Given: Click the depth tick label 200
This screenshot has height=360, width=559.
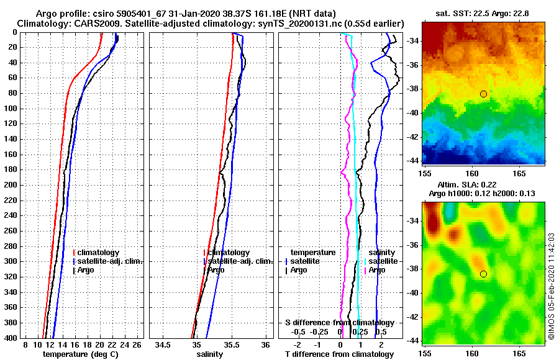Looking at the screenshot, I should point(11,185).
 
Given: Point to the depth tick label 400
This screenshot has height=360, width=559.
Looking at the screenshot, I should point(11,338).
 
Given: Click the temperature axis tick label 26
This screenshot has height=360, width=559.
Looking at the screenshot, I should point(137,344).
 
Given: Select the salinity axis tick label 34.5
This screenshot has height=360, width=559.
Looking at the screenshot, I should point(163,344).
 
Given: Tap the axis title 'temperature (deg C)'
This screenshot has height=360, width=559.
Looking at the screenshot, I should point(80,354).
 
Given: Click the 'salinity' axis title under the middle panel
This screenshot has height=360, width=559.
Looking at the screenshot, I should point(210,354).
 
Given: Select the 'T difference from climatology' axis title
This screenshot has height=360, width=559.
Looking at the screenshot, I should point(339,354).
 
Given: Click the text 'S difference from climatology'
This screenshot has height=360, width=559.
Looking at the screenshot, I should point(339,323).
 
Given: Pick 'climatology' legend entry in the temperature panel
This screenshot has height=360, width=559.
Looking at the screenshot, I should point(98,253).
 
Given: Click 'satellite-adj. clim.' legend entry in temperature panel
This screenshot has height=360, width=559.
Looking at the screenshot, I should point(109,261).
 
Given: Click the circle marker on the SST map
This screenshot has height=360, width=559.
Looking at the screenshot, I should point(483,94).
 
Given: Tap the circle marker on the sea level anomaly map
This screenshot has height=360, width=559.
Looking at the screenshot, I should point(483,274).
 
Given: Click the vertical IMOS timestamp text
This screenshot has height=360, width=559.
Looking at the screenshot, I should point(551,286).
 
